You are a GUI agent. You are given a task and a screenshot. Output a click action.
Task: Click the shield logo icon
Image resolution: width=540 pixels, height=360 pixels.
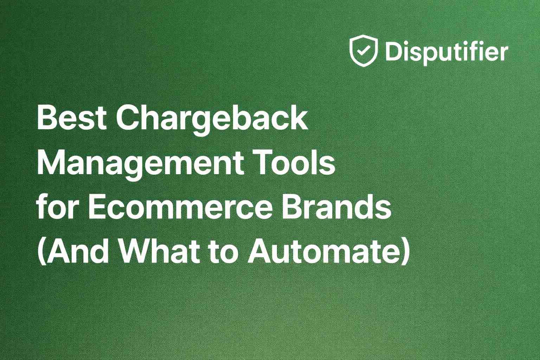(364, 51)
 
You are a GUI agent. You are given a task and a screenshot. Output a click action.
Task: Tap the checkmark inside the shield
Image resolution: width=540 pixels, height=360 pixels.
(362, 51)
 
